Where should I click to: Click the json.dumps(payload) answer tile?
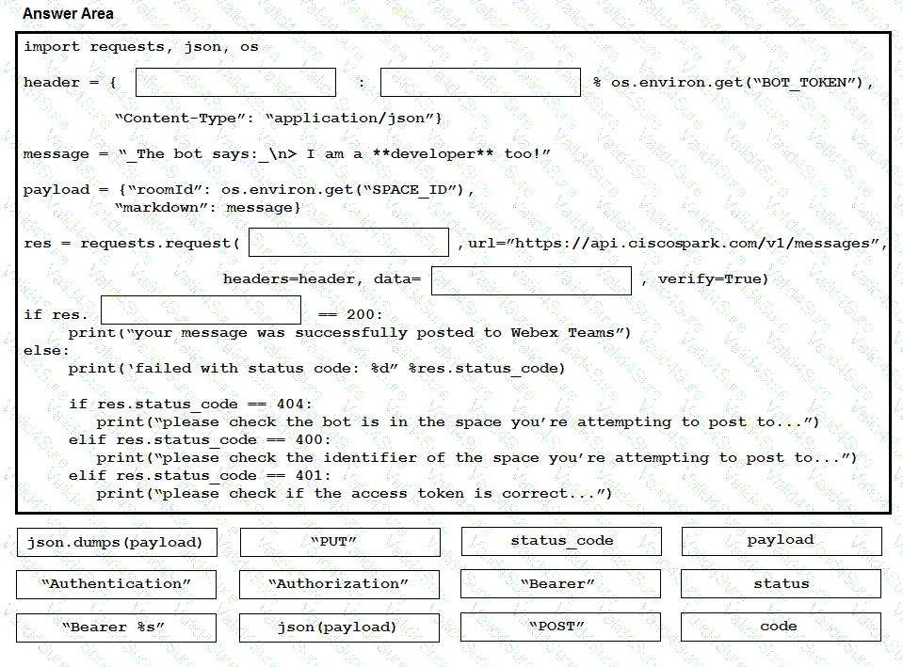click(x=116, y=542)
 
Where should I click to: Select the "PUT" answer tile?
click(x=339, y=542)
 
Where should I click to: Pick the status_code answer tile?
click(x=561, y=541)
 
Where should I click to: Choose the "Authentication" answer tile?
click(x=116, y=584)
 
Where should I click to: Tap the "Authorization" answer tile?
click(x=339, y=584)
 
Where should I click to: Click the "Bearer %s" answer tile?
click(x=116, y=627)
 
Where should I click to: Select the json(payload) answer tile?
click(x=339, y=627)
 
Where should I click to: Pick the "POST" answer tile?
click(x=560, y=627)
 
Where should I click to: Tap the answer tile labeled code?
click(x=781, y=627)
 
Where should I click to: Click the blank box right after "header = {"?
click(x=235, y=82)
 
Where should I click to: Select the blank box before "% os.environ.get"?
click(x=480, y=82)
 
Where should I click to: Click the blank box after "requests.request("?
click(x=348, y=243)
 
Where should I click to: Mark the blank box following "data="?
click(x=531, y=279)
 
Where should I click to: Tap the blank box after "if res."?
click(x=201, y=310)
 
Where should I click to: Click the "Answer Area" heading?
click(x=68, y=14)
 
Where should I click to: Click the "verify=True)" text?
click(x=713, y=279)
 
